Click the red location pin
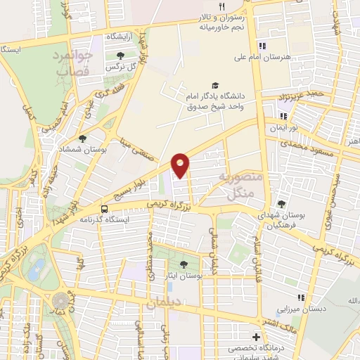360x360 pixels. tap(181, 164)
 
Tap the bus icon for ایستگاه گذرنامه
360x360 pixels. tap(104, 209)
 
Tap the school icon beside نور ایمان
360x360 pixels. tap(283, 116)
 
